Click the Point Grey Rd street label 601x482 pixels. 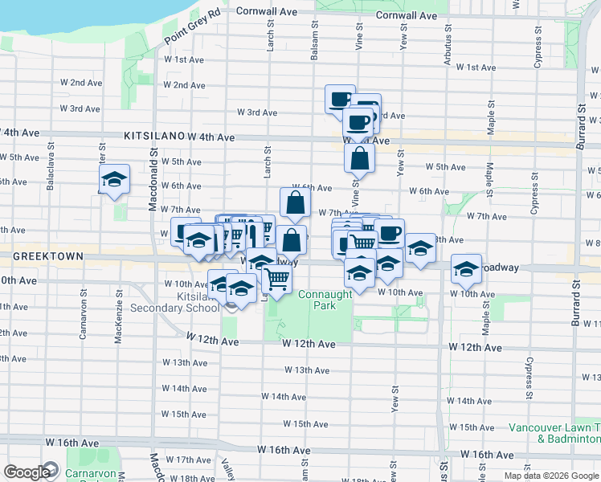(x=193, y=27)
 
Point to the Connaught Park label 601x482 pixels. (x=325, y=300)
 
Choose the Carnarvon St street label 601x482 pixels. (x=83, y=321)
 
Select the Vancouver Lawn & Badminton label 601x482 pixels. (x=554, y=434)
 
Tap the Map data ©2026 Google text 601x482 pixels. (x=551, y=476)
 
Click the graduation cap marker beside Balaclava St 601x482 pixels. (x=114, y=180)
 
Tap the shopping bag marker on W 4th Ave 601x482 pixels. (x=360, y=157)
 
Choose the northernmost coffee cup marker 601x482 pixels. (x=340, y=99)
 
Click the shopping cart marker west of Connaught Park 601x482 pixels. (x=277, y=279)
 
